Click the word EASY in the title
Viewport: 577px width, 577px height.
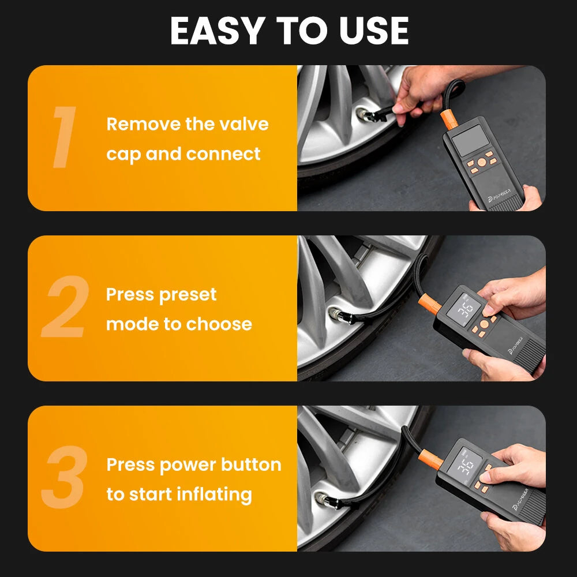(x=213, y=31)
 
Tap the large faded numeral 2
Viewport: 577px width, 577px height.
(x=65, y=308)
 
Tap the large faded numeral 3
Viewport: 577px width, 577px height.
(x=64, y=478)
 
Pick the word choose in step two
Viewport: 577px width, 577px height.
(x=222, y=324)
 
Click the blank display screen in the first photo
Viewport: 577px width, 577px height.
(x=469, y=140)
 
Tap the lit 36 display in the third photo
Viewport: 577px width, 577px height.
(x=467, y=465)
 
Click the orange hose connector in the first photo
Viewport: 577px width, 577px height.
(x=449, y=119)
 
